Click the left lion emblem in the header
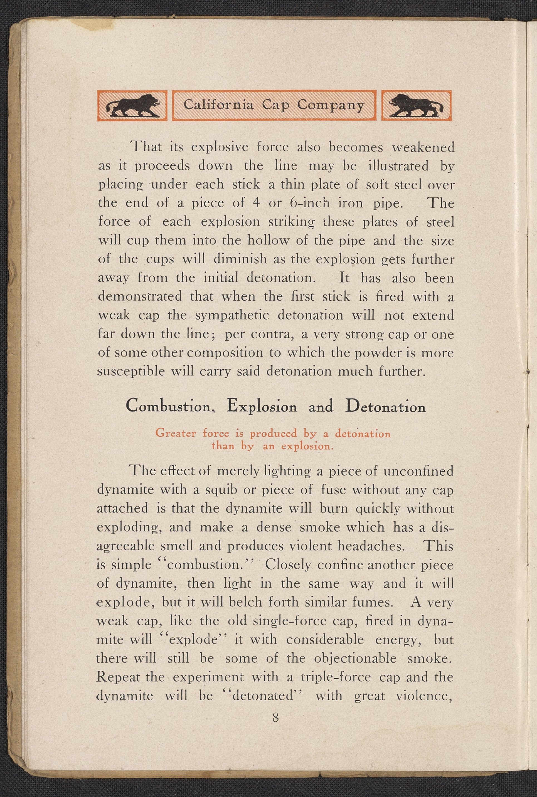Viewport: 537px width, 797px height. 132,105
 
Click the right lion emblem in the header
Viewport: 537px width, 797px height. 417,105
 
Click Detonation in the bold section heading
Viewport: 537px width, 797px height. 386,406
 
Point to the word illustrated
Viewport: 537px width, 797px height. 398,166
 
